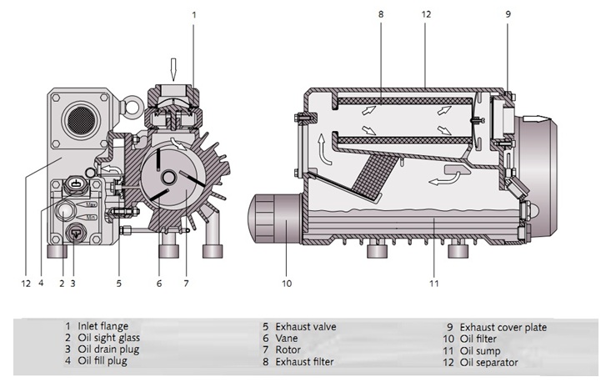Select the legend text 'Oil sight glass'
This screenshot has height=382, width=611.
click(x=110, y=338)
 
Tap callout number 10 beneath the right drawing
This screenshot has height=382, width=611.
click(x=286, y=284)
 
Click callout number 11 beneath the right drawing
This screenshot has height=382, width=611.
click(x=433, y=284)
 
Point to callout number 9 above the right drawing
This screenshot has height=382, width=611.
click(x=508, y=14)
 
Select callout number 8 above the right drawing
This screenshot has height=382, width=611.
click(x=381, y=14)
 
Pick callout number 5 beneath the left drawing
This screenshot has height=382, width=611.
click(x=119, y=284)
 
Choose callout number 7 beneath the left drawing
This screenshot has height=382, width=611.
click(x=186, y=284)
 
